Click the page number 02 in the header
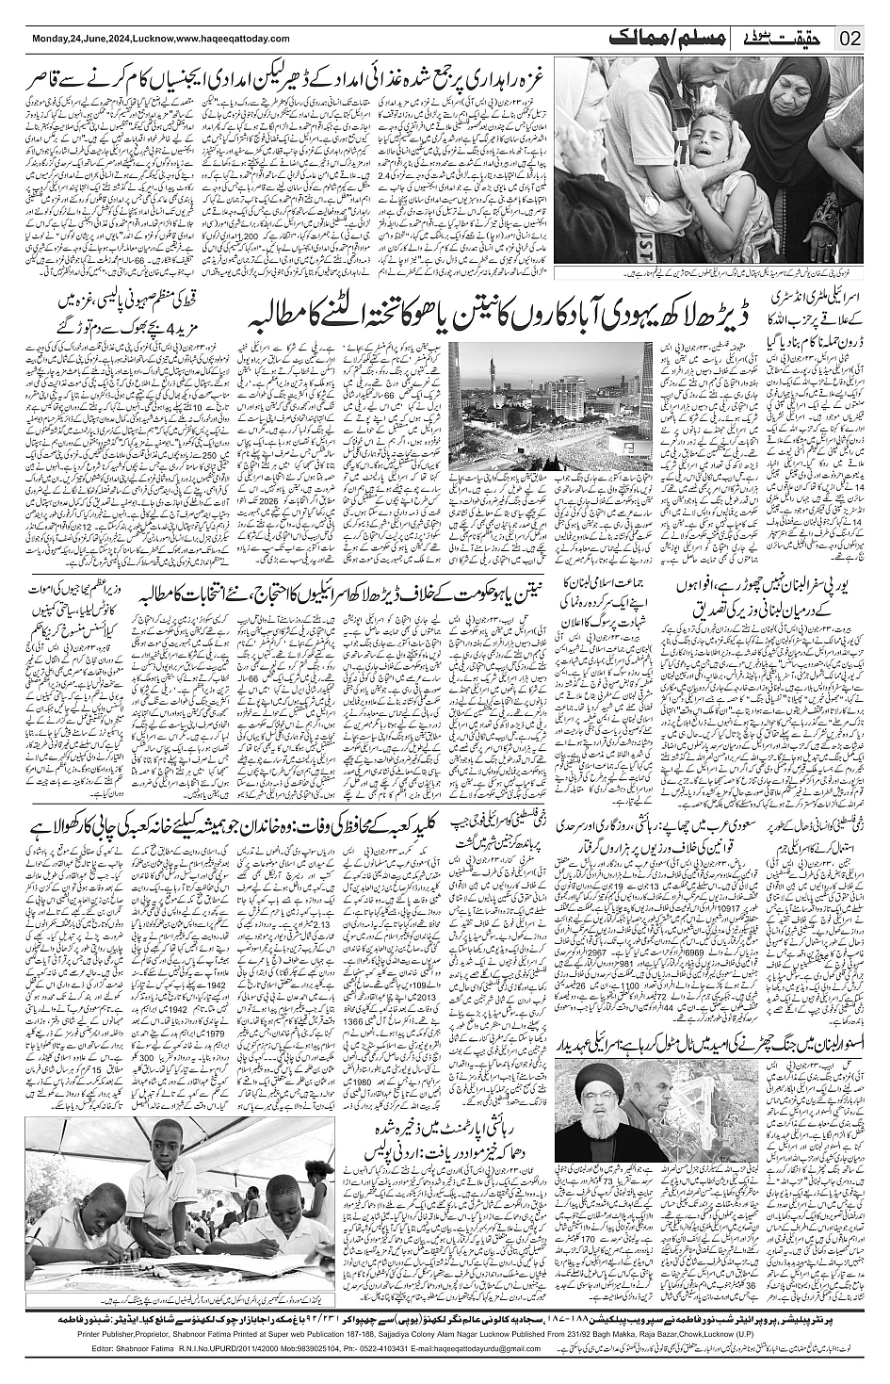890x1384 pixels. point(850,40)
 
